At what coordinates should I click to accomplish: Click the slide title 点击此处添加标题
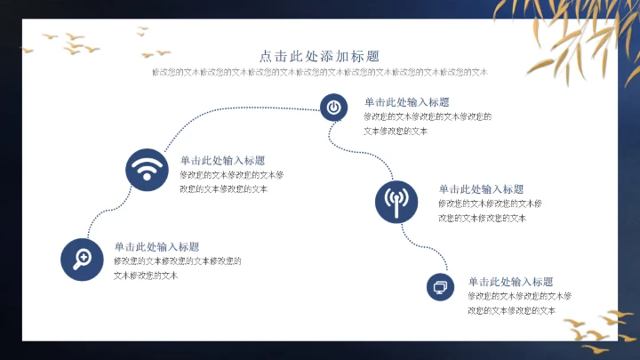click(320, 55)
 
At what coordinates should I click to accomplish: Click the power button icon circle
click(333, 108)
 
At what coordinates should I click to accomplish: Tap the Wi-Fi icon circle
click(148, 169)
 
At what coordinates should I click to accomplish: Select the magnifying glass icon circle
click(82, 259)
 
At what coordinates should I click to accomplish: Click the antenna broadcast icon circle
click(396, 201)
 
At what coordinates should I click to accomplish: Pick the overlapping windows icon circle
click(440, 286)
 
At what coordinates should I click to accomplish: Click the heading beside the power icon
click(406, 102)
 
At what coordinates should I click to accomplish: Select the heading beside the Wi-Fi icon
click(222, 161)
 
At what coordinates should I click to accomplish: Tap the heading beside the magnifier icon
click(156, 247)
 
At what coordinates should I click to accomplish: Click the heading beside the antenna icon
click(481, 189)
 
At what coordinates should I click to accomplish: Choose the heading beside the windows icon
click(511, 282)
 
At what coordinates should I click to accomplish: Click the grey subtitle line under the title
click(320, 72)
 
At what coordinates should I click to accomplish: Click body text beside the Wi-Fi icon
click(231, 181)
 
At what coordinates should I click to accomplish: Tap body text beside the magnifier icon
click(177, 268)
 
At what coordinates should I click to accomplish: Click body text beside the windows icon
click(519, 303)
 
